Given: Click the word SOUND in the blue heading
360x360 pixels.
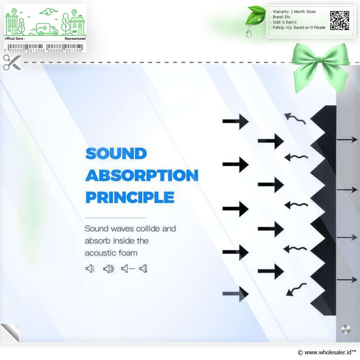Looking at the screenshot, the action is coord(116,154).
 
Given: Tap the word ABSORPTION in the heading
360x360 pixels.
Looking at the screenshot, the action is coord(142,175).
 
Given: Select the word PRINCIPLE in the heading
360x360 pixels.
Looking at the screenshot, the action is coord(130,197).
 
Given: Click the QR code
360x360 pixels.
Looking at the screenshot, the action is coord(340,21).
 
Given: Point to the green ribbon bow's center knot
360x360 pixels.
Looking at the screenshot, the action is coord(320,60).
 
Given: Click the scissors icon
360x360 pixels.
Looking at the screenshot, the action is coord(12,62).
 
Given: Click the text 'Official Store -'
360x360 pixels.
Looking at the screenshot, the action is coord(15,39).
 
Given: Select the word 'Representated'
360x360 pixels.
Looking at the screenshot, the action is coord(75,39).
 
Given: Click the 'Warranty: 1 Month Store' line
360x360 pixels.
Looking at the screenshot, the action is coord(294,12).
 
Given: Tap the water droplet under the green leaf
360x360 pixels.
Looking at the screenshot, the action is coord(249,33).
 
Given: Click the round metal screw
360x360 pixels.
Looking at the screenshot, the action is coord(346,329).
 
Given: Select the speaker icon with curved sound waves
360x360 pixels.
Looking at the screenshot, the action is coord(109,269).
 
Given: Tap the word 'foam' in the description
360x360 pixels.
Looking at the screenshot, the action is coord(128,253).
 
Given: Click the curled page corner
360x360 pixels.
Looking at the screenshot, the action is coord(10,333).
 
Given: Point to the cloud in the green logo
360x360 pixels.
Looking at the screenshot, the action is coord(49,12).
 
